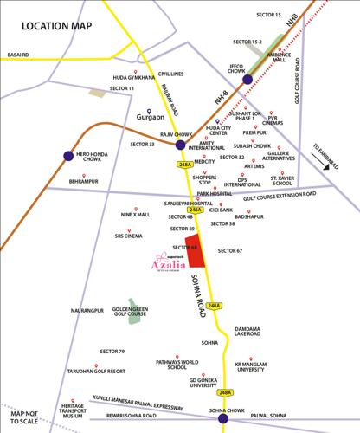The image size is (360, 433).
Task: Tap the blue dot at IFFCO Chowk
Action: tap(247, 80)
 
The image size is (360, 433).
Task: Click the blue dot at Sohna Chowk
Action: tap(223, 396)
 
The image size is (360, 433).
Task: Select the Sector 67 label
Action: tap(230, 251)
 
